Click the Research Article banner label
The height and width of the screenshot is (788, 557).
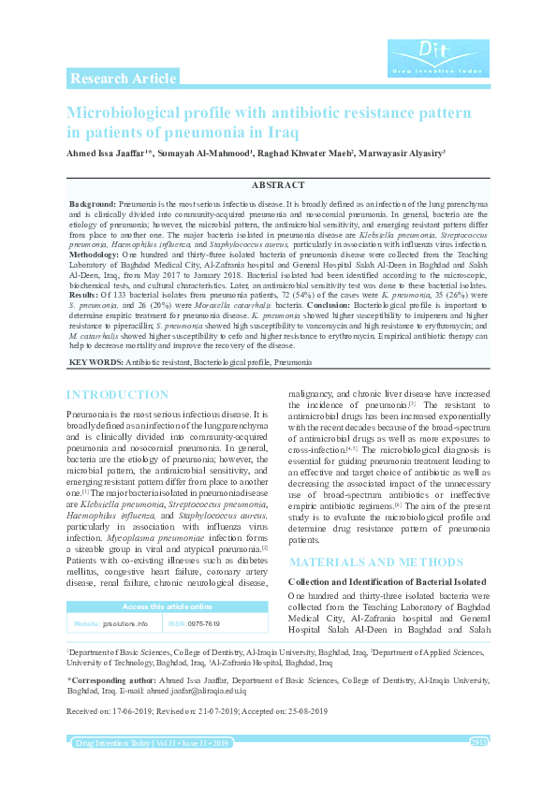(123, 79)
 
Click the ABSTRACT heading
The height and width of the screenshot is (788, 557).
(278, 186)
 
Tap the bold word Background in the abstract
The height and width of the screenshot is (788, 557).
(93, 203)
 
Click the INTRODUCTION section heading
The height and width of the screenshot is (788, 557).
(117, 395)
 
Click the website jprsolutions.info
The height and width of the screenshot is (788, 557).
(125, 622)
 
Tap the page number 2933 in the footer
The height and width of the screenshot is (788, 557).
(477, 742)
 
